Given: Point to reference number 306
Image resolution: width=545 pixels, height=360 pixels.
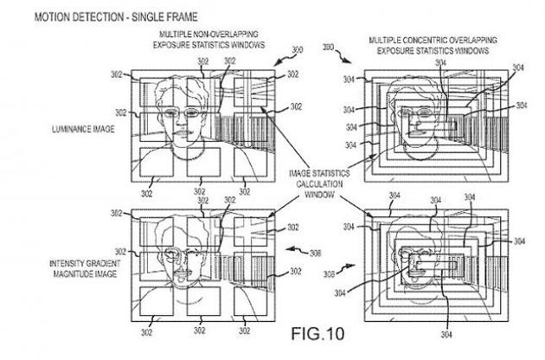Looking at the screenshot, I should (317, 253).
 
